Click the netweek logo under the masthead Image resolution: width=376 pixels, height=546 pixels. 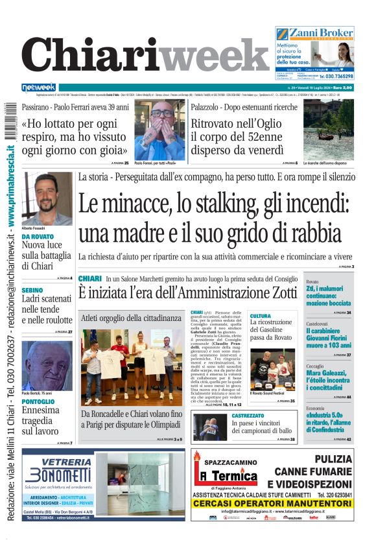pos(39,88)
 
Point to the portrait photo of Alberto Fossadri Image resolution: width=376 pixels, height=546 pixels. pos(47,200)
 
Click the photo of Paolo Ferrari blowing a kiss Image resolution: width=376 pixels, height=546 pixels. pos(159,130)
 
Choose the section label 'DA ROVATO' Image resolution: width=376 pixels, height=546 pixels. pos(38,237)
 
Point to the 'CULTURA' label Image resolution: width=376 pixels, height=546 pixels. pos(261,316)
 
